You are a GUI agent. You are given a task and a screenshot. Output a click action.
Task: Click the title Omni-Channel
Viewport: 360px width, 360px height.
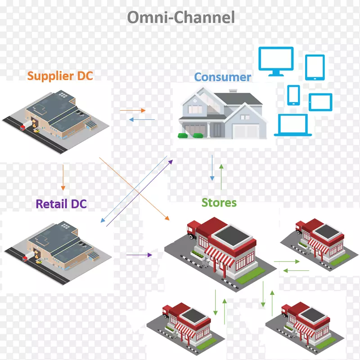click(181, 17)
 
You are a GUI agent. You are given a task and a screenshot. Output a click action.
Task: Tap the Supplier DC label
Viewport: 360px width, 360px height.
click(60, 76)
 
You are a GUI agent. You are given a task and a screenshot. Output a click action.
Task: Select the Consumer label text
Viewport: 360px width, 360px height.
click(222, 77)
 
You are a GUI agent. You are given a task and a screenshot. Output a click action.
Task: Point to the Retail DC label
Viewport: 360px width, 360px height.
click(61, 204)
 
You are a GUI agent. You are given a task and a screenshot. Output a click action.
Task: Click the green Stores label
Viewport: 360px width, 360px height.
click(219, 202)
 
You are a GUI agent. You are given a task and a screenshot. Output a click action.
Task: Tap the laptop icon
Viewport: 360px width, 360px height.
click(293, 125)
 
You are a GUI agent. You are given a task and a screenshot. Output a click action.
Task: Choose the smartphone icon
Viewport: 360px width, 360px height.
click(293, 94)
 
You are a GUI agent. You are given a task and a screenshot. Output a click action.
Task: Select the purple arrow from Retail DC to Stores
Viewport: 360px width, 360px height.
click(139, 255)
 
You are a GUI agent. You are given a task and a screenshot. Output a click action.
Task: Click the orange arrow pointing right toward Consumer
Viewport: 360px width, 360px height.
click(133, 110)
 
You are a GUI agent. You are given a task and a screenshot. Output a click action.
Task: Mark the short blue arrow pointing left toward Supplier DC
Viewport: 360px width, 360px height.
click(142, 119)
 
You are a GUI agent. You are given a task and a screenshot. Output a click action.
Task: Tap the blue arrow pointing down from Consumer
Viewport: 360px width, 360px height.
click(212, 168)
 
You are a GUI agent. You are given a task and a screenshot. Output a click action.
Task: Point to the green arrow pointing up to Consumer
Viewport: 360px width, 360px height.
click(221, 176)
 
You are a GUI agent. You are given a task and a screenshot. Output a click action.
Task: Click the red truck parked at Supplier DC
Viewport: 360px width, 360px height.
click(22, 127)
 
